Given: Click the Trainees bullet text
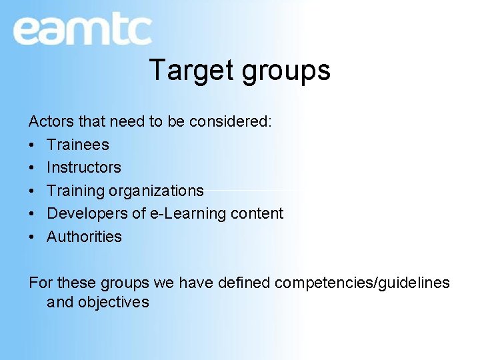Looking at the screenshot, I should click(77, 145).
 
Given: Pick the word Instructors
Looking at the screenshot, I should click(84, 167).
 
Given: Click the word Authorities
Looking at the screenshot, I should click(84, 237).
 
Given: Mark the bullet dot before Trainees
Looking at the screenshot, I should click(32, 145).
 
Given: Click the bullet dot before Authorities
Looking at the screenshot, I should click(32, 237).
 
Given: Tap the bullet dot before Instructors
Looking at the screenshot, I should click(32, 167).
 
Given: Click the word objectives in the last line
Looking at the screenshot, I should click(113, 303).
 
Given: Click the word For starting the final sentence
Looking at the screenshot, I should click(39, 283).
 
